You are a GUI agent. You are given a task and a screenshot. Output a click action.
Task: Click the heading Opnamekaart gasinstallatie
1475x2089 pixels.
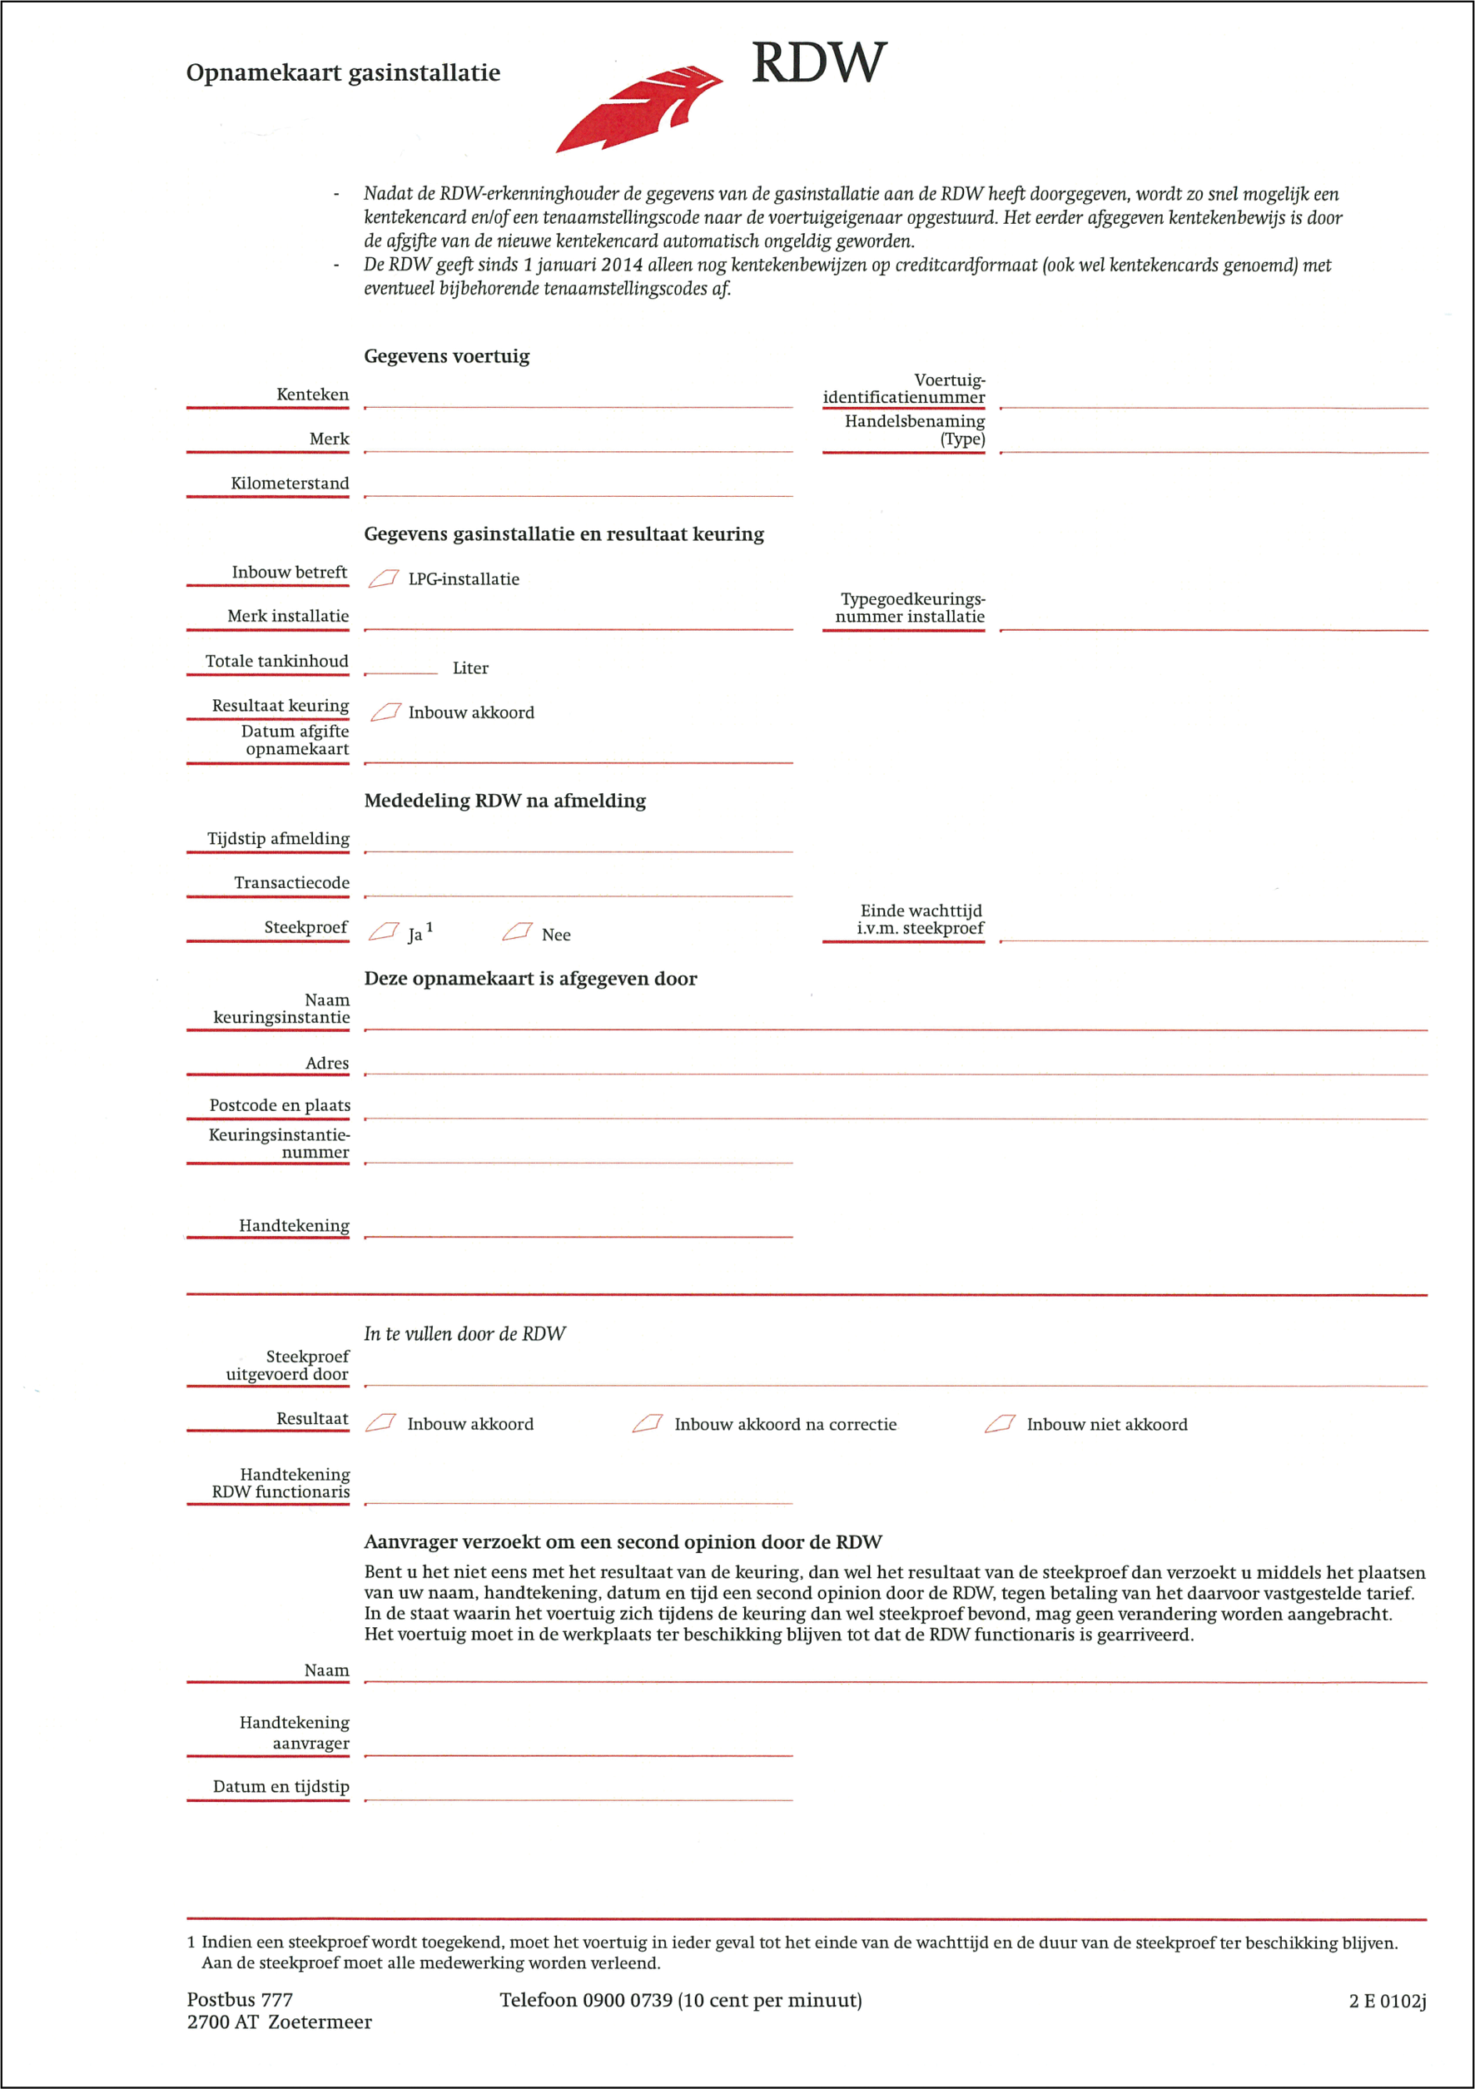343,72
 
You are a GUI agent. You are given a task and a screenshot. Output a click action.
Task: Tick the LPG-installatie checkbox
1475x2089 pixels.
383,578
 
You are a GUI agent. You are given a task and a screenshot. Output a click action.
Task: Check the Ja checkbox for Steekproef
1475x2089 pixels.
383,931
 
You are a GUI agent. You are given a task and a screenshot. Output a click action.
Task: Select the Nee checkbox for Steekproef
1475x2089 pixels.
517,931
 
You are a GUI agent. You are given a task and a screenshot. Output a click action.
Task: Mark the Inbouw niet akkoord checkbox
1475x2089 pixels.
999,1424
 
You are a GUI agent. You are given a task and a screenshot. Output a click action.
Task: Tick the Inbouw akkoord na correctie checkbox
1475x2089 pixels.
647,1424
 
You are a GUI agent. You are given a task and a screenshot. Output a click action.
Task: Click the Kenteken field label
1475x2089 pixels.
312,394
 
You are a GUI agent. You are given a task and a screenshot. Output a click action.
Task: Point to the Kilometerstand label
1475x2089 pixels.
290,483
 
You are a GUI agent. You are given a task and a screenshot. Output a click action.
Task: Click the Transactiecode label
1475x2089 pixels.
291,882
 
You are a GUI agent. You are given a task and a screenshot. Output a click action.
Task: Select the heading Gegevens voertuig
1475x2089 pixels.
446,355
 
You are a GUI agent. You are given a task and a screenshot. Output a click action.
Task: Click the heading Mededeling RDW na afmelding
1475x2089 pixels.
505,801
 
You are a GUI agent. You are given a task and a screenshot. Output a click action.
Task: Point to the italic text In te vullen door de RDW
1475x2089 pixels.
464,1334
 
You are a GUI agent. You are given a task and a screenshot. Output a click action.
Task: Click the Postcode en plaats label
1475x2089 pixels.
280,1105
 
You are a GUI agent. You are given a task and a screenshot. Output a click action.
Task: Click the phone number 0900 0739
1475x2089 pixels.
627,2000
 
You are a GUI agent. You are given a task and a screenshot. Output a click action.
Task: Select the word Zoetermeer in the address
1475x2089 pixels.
320,2022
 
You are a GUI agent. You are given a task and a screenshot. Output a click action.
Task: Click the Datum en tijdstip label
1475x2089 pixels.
281,1786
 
